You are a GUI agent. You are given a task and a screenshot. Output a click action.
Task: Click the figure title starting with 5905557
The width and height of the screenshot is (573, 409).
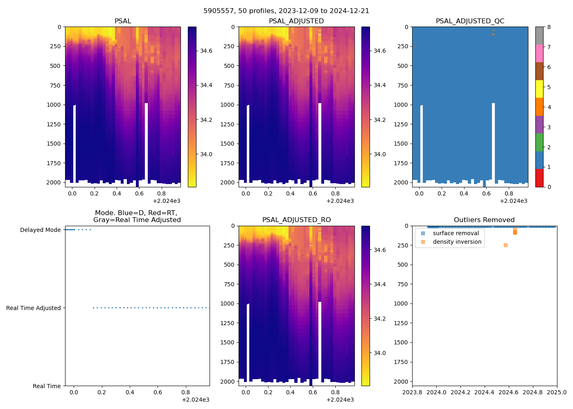(286, 11)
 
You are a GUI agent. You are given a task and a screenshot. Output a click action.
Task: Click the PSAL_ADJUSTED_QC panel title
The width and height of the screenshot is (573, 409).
(470, 21)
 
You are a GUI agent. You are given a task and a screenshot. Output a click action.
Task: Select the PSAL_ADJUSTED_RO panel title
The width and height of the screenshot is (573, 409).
(296, 220)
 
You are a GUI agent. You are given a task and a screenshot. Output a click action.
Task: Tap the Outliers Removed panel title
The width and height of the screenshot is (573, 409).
(484, 220)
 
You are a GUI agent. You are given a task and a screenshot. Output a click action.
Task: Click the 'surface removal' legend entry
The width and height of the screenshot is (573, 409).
(456, 233)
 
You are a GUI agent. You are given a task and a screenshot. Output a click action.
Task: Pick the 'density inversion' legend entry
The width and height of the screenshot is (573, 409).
(457, 242)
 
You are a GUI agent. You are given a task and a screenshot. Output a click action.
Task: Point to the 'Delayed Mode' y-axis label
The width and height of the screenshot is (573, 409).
(40, 230)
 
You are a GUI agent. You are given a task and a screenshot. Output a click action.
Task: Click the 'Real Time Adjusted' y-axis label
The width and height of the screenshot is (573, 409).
(34, 308)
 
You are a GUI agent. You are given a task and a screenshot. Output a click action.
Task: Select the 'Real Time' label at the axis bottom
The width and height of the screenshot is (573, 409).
(47, 386)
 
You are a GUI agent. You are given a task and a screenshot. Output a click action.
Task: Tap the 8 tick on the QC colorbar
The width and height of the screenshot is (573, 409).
(549, 27)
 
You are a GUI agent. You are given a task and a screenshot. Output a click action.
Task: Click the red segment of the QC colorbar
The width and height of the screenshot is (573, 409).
(539, 178)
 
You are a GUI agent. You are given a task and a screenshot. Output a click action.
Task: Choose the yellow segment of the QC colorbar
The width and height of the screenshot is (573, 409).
(539, 89)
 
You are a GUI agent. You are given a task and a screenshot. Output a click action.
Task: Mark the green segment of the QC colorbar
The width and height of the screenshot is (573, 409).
(539, 142)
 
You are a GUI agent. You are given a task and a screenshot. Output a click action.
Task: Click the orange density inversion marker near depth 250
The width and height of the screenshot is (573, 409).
(505, 245)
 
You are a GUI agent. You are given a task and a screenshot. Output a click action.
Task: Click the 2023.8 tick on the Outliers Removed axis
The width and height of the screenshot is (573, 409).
(412, 392)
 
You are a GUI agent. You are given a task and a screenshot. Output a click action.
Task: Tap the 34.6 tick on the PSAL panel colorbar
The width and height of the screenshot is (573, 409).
(206, 51)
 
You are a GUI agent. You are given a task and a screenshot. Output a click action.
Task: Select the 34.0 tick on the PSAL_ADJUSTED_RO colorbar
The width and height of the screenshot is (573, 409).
(379, 353)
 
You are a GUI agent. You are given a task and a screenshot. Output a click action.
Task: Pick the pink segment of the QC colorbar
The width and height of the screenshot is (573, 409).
(539, 53)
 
